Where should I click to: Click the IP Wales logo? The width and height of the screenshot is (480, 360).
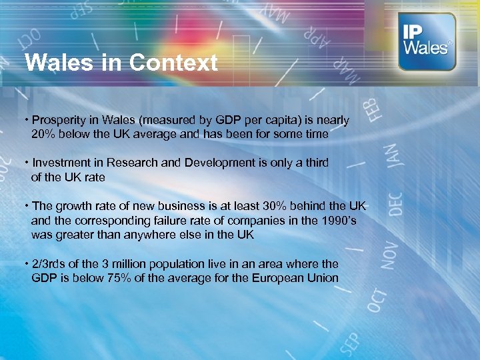pyautogui.click(x=427, y=41)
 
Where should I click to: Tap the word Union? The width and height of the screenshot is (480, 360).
pyautogui.click(x=321, y=278)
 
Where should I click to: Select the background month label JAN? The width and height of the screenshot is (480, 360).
pyautogui.click(x=391, y=160)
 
